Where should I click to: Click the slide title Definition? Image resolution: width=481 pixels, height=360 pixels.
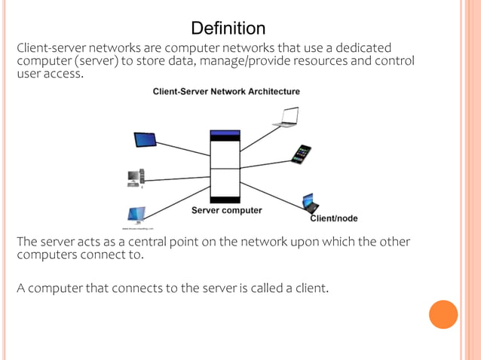coord(228,29)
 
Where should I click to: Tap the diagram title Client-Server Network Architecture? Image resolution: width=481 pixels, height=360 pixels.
coord(226,92)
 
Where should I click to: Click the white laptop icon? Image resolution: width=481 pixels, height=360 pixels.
coord(286,116)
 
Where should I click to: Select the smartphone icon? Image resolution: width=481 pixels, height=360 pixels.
coord(302,154)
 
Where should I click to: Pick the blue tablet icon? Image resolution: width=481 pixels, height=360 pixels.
coord(145,140)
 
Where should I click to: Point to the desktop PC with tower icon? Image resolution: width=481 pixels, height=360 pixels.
coord(136,178)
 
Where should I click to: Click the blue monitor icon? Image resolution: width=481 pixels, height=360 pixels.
coord(136,215)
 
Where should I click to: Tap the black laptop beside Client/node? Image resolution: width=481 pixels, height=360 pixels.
coord(310,202)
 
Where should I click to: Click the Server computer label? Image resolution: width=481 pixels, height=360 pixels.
coord(226,211)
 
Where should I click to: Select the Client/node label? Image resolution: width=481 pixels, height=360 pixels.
coord(334,218)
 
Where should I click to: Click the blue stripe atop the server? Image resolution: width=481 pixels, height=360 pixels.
coord(225,133)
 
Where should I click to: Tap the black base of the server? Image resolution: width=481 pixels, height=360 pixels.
coord(225,200)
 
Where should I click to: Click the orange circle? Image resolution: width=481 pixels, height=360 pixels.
coord(443,314)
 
